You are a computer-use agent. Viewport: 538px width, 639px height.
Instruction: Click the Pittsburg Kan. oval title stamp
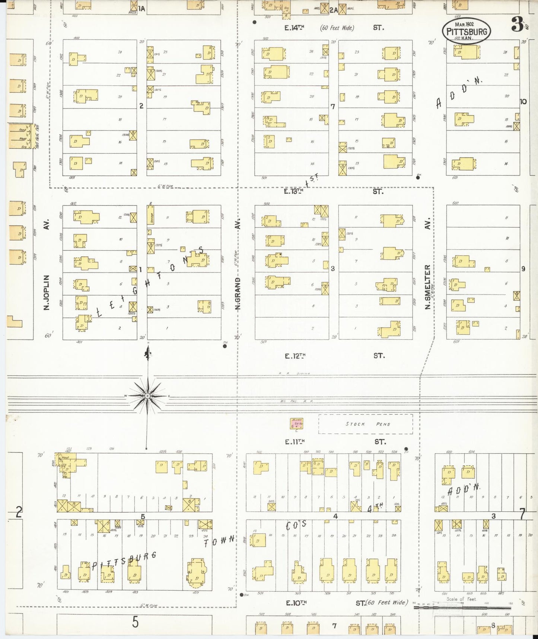467,31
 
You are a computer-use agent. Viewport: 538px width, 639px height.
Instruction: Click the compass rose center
148,396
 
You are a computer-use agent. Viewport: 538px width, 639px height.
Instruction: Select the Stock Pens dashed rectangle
365,424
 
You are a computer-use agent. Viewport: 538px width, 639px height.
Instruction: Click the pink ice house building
297,424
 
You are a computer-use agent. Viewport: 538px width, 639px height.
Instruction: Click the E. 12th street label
295,356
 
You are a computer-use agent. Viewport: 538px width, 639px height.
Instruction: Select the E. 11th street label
295,442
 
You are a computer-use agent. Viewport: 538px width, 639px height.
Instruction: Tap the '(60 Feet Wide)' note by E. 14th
337,28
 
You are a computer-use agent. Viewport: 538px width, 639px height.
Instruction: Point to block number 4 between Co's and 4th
335,516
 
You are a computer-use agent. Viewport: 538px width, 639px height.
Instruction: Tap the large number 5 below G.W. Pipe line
135,622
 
